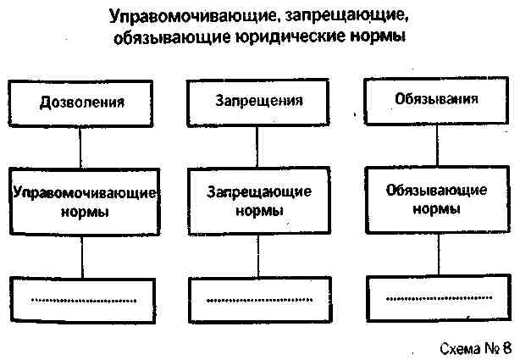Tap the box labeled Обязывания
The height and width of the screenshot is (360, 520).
tap(435, 98)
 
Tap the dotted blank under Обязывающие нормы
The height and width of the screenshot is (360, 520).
tap(437, 297)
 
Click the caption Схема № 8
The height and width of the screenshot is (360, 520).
tap(476, 348)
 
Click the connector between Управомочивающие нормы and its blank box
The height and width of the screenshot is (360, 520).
tap(82, 255)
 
